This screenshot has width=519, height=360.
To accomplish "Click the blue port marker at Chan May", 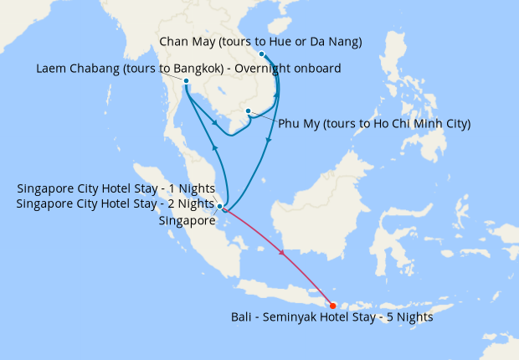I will tap(262, 54).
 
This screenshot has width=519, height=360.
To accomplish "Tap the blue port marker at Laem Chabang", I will tap(185, 81).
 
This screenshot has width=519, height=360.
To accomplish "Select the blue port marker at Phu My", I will tap(249, 111).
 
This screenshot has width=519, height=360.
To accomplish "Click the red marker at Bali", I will tap(333, 305).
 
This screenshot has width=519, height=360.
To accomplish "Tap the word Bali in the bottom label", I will tap(242, 317).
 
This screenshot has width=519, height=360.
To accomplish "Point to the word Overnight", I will tap(256, 69).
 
